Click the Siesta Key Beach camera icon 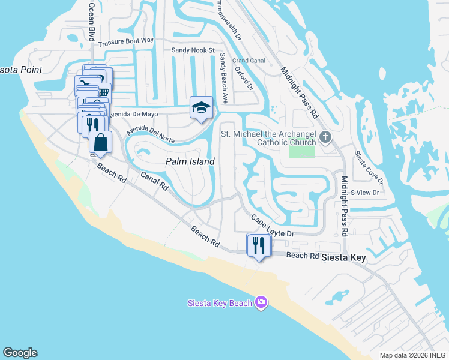pos(261,302)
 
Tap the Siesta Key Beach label pos(220,303)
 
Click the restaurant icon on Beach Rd pos(259,245)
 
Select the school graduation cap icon pos(202,108)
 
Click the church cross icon pos(325,137)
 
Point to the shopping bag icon pos(101,142)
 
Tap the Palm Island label pos(190,162)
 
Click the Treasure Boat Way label pos(126,42)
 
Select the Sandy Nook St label pos(193,50)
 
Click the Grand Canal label pos(249,61)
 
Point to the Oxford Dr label pos(244,78)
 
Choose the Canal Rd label pos(154,181)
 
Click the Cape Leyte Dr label pos(273,226)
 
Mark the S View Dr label pos(366,193)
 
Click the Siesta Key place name pos(344,257)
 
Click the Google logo pos(20,353)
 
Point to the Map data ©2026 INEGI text pos(413,355)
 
